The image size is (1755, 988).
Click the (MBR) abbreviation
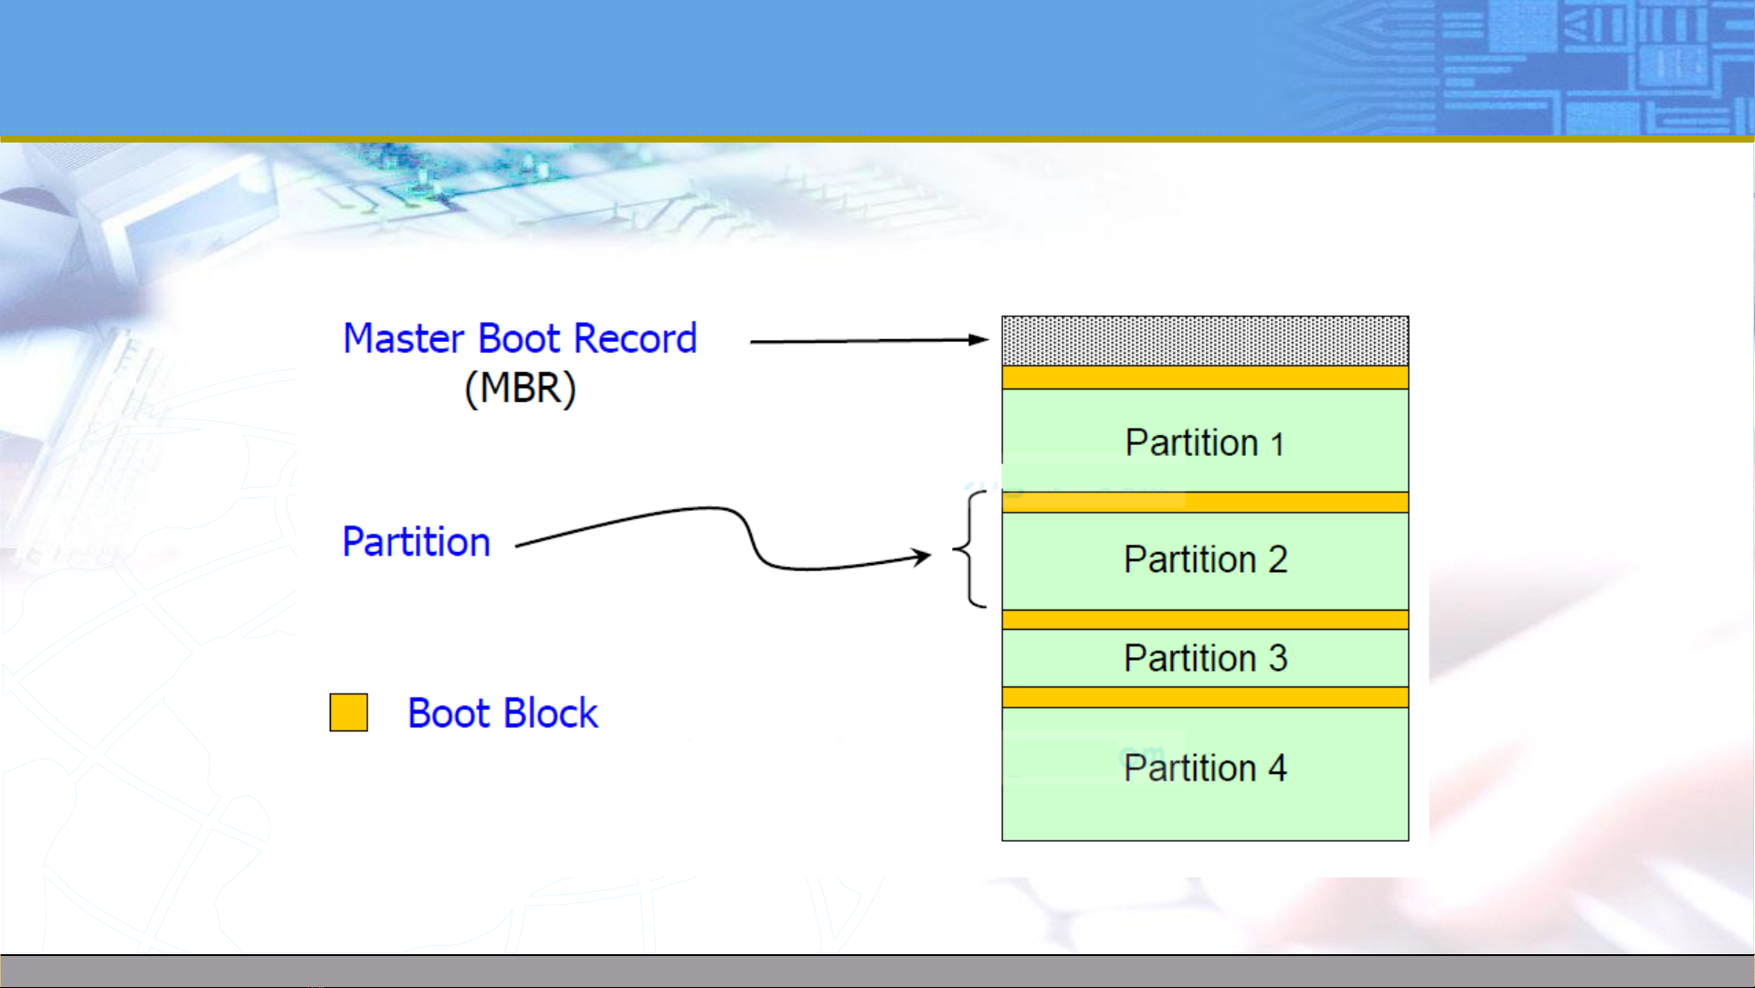[x=520, y=388]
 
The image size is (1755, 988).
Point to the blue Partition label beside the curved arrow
[x=416, y=542]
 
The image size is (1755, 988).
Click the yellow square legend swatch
[x=349, y=713]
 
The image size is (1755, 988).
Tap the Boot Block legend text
[x=502, y=714]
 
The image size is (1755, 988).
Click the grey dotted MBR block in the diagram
[x=1205, y=341]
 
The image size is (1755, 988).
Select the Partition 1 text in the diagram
[x=1205, y=443]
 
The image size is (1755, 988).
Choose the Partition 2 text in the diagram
[x=1205, y=559]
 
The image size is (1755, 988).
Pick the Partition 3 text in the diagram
[x=1205, y=658]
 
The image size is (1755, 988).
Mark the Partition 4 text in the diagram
[x=1205, y=768]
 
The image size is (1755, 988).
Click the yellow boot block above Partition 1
[x=1205, y=378]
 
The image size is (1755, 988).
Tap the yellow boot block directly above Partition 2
[x=1205, y=503]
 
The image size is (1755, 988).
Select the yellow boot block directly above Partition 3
[x=1205, y=620]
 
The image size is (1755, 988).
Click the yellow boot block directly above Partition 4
[x=1205, y=697]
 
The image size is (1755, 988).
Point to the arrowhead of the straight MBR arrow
[x=980, y=340]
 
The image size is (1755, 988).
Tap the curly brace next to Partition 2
[x=970, y=549]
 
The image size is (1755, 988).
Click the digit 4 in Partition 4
[x=1277, y=768]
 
